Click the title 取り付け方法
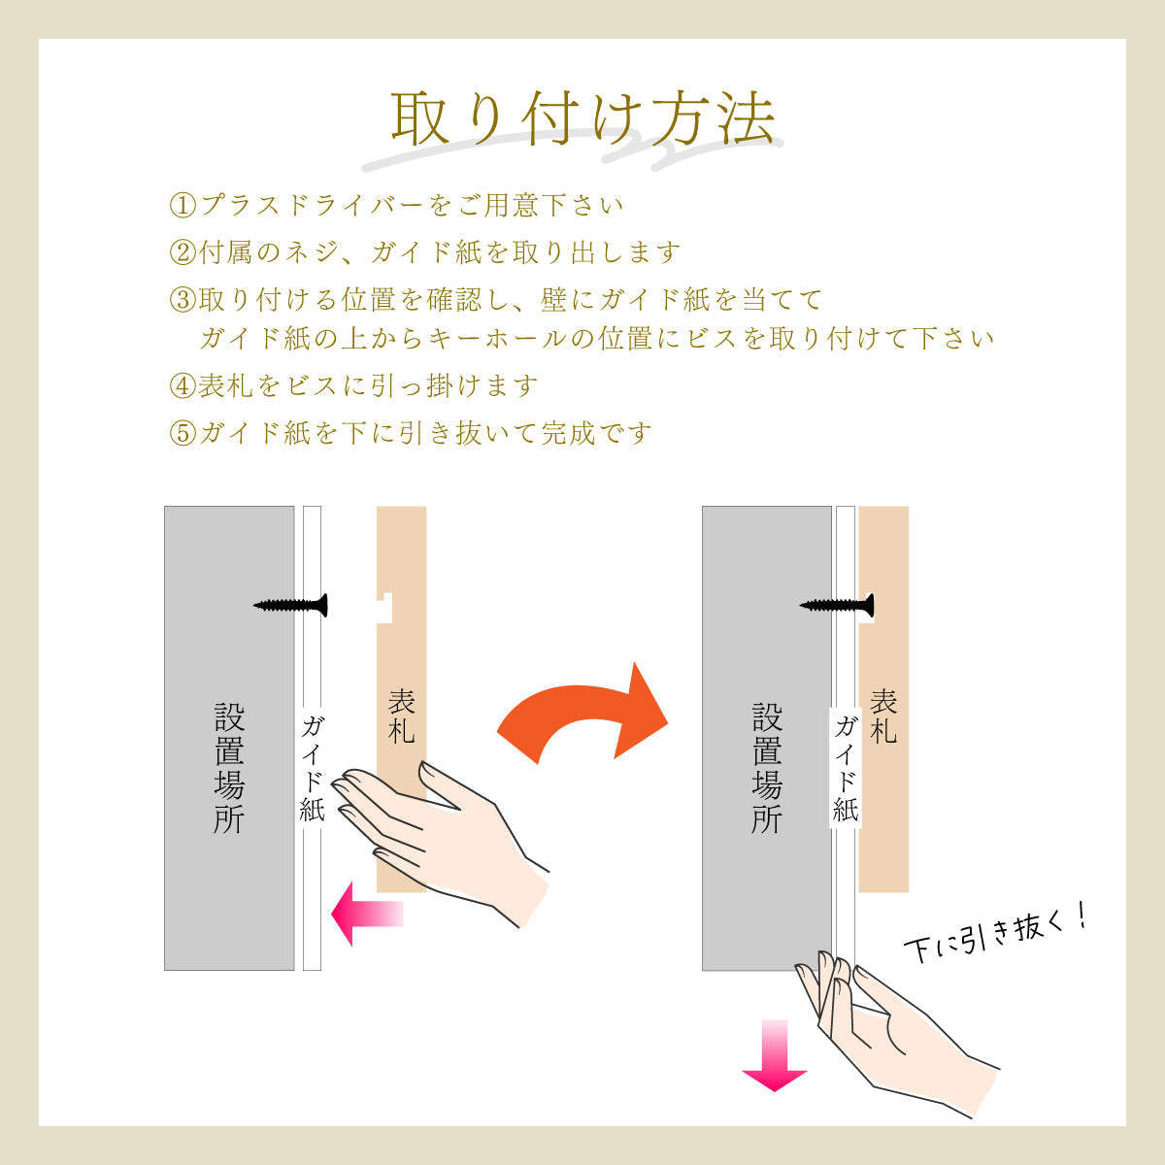pos(582,119)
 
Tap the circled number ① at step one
pos(183,206)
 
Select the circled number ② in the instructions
pos(183,253)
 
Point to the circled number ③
pos(183,300)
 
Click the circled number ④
pos(183,386)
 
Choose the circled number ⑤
pos(183,433)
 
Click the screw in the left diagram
pos(291,605)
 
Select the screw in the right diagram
pos(837,605)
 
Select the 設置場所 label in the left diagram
pos(229,767)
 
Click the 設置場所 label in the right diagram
pos(766,767)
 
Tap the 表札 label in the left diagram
pos(401,716)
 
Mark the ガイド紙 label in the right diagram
pos(846,767)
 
